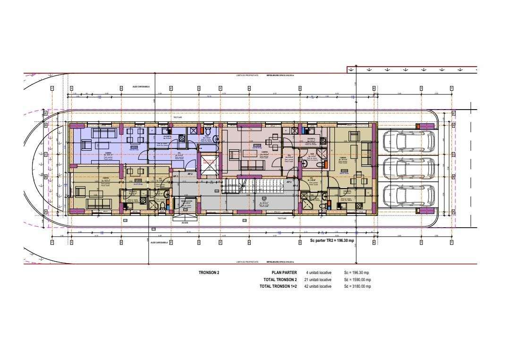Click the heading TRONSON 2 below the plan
tap(209, 273)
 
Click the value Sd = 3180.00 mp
tap(357, 286)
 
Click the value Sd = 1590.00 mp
tap(357, 280)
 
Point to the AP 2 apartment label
tap(190, 174)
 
